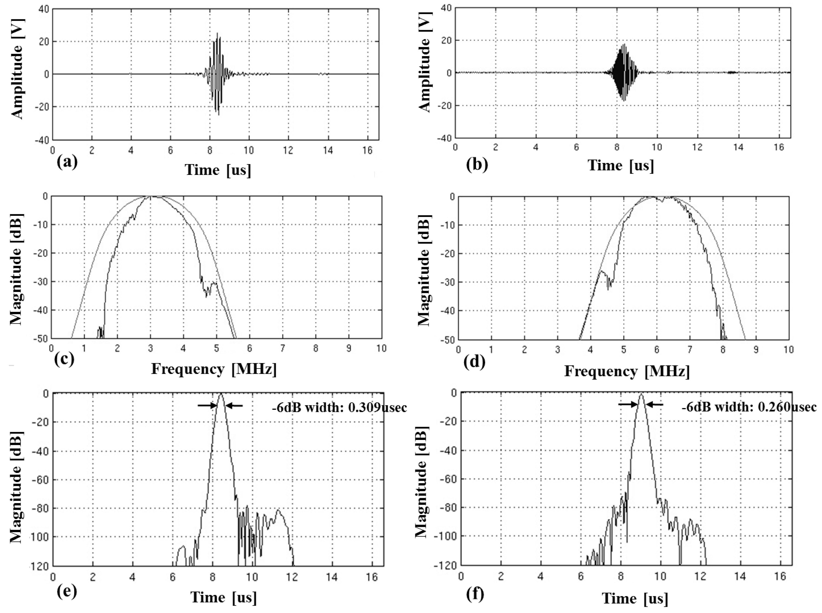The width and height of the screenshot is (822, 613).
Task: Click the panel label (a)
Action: click(x=67, y=162)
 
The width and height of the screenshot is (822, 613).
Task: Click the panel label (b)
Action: click(x=477, y=164)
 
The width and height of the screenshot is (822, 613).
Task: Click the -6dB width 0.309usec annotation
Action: click(x=339, y=408)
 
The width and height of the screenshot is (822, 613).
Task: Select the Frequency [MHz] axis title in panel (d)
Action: click(x=627, y=371)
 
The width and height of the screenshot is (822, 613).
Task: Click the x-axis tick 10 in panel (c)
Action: click(x=381, y=348)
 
